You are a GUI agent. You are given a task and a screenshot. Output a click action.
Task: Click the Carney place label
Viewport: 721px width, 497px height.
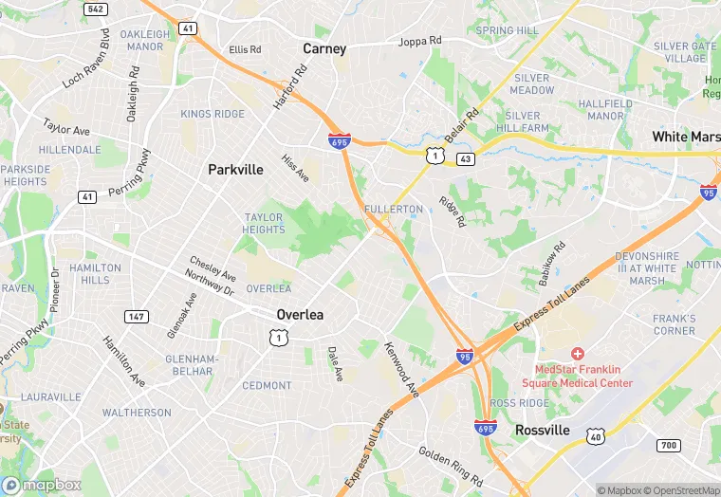pos(324,48)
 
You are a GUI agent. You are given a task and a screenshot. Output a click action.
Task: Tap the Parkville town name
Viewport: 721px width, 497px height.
pos(235,170)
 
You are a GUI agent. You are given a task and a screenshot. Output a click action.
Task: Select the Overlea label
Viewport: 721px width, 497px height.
pos(300,314)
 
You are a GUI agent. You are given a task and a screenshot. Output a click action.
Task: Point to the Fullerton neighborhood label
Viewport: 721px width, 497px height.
pos(392,209)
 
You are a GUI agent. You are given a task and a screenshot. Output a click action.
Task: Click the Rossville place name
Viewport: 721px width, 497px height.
pos(543,430)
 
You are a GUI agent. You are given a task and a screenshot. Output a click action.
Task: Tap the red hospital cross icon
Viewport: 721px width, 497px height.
pos(577,353)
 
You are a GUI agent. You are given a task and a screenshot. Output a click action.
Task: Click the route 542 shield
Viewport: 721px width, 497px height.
pos(95,9)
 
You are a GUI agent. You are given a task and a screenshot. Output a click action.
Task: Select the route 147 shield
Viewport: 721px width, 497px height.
pos(137,317)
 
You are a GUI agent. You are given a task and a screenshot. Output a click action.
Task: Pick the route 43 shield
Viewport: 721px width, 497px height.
pos(465,158)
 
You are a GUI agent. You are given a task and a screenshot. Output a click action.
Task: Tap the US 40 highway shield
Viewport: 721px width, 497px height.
pos(596,435)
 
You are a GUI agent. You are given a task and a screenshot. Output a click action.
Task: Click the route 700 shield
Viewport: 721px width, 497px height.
pos(668,445)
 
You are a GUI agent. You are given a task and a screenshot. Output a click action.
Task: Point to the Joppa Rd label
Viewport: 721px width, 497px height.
pos(420,42)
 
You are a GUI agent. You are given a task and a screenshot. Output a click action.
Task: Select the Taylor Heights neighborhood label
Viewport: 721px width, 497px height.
pos(264,224)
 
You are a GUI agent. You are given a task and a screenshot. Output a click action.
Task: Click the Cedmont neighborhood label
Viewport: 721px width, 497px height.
pos(267,385)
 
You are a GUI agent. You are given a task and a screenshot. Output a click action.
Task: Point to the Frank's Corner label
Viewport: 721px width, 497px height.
pos(674,324)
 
